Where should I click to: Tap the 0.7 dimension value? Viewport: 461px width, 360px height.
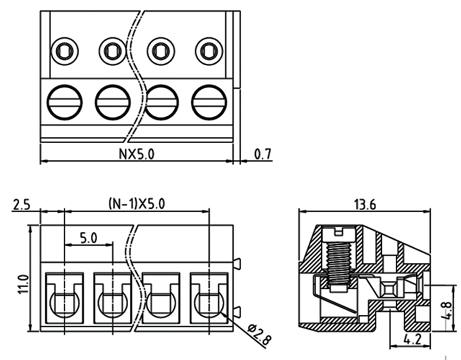[262, 154]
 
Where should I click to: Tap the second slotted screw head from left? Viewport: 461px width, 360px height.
[112, 102]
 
